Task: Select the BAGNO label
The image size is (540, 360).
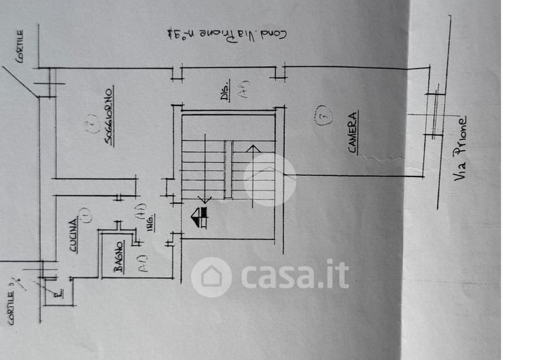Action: (x=118, y=257)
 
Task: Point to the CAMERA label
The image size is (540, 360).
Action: (x=352, y=134)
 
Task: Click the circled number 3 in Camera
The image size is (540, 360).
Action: (x=323, y=116)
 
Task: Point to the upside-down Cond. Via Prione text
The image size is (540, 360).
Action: (x=226, y=34)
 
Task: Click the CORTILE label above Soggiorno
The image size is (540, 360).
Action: (x=20, y=46)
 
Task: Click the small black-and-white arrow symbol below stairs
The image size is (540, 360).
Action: (x=199, y=218)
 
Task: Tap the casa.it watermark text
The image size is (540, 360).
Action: (x=295, y=275)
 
